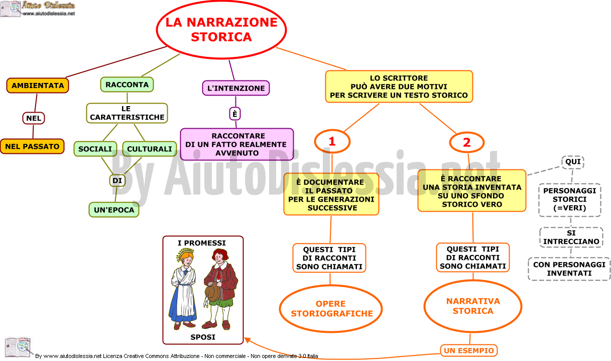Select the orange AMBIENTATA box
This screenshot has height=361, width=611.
tap(38, 85)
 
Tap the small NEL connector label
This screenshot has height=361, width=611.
tap(34, 118)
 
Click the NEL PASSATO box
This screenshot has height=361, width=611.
tap(32, 146)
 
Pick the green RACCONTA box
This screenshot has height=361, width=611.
tap(127, 84)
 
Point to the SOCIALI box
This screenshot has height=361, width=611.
tap(95, 149)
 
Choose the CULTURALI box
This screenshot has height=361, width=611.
tap(150, 149)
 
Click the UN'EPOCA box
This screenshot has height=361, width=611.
tap(114, 210)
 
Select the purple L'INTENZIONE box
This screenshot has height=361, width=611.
tap(236, 88)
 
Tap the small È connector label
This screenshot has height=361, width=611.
tap(235, 114)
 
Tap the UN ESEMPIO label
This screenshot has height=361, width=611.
tap(469, 350)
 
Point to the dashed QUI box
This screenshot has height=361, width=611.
tap(573, 162)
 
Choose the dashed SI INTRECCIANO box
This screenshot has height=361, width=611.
tap(571, 237)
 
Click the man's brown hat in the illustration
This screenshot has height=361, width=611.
tap(212, 292)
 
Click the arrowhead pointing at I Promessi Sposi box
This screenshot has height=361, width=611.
tap(247, 340)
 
